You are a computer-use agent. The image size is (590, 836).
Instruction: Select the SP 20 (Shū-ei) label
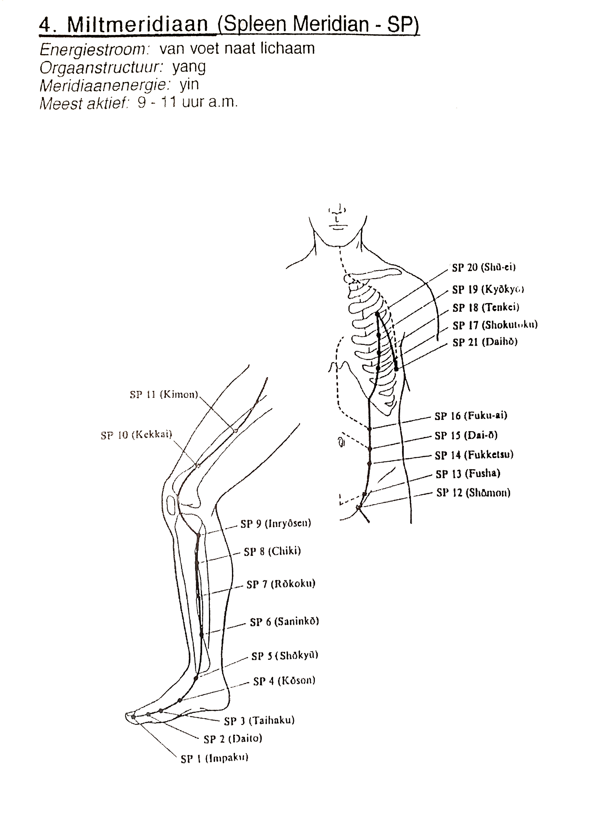484,268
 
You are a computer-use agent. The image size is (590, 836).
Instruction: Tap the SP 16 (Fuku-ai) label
471,416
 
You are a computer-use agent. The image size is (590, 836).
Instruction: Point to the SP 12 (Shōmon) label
473,493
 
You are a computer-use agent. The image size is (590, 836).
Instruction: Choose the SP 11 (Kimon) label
164,395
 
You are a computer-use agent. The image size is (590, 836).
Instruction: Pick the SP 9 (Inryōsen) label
276,524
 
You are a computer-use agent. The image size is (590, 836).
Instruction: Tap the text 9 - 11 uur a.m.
188,103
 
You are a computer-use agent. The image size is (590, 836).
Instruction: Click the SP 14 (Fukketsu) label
474,455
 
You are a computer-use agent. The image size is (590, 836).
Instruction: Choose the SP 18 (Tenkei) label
486,308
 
